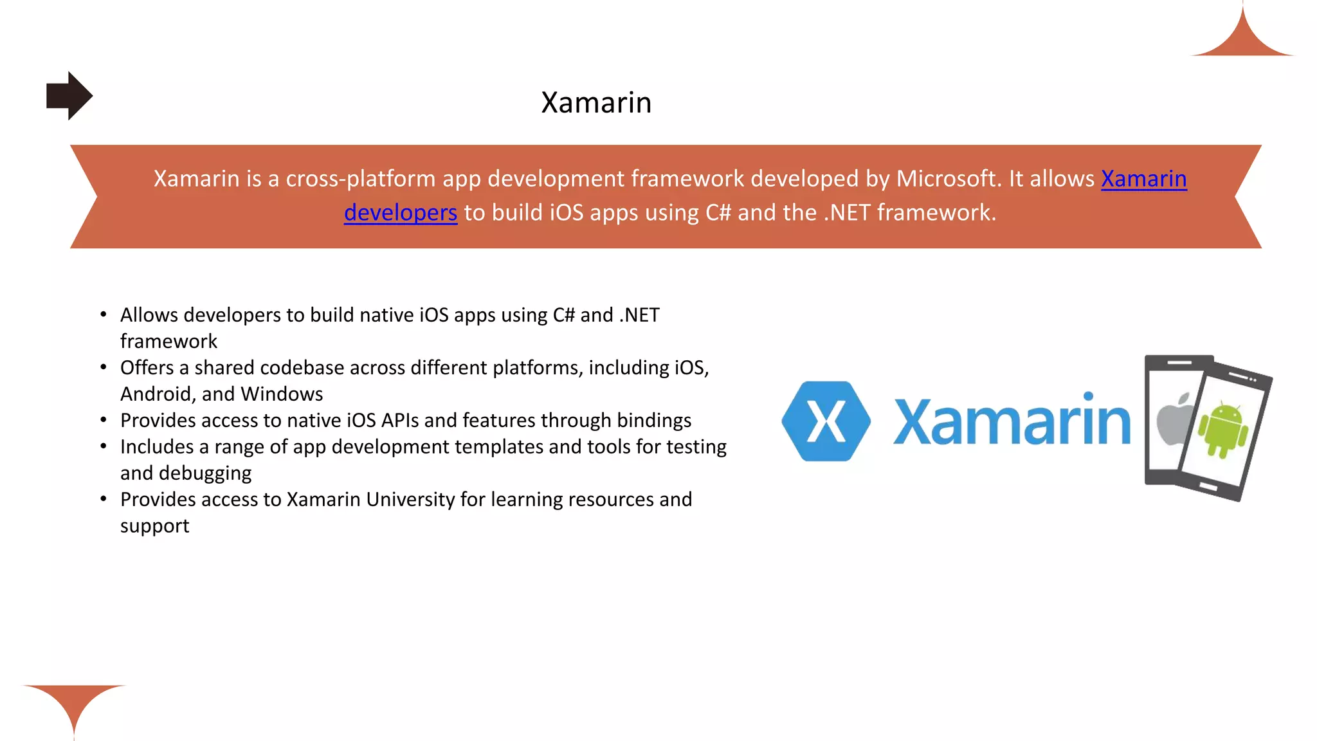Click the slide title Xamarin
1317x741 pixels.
[596, 103]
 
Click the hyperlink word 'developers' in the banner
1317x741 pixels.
[400, 213]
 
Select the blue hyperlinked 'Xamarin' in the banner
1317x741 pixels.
[1143, 179]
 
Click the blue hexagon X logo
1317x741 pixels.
[826, 421]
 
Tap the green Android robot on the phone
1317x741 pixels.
[1223, 430]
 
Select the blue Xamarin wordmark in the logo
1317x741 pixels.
[1012, 423]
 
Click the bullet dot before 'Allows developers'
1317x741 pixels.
[103, 315]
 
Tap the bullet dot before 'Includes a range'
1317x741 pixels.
[103, 446]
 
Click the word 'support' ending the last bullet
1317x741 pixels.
[154, 526]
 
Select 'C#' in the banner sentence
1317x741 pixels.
[718, 213]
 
